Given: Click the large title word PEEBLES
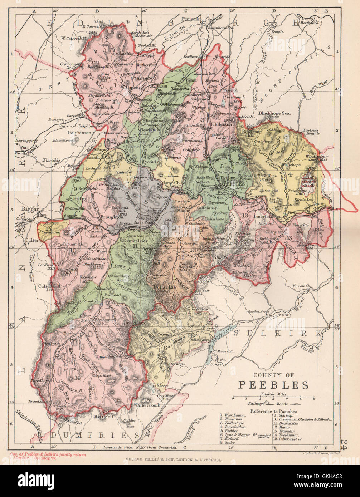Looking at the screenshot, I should click(273, 385).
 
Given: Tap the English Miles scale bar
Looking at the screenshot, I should click(273, 398).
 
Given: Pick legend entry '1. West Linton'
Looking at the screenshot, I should click(233, 415).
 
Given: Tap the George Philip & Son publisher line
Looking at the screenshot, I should click(174, 461).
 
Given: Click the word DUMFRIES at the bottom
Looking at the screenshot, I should click(94, 435).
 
